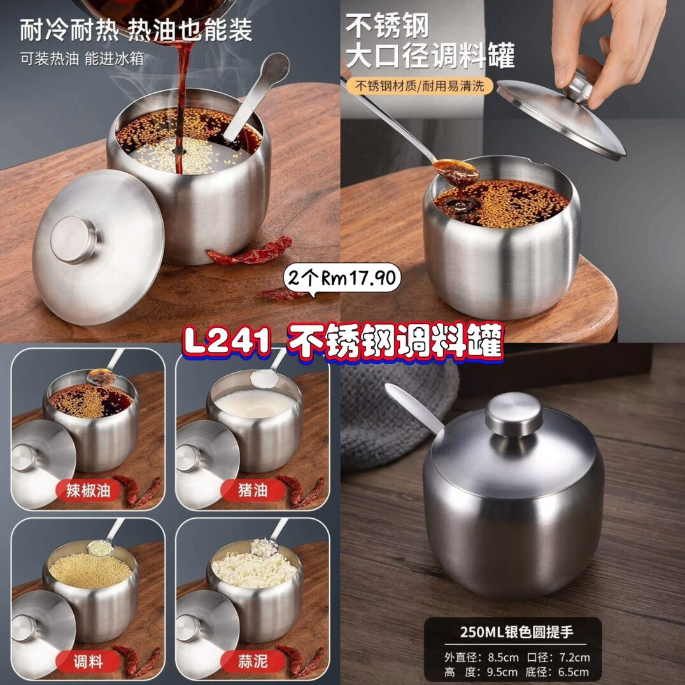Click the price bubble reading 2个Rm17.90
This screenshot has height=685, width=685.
pyautogui.click(x=342, y=278)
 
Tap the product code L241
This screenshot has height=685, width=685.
pyautogui.click(x=227, y=342)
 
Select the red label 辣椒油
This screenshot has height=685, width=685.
pyautogui.click(x=88, y=490)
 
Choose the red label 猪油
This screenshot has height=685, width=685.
pyautogui.click(x=253, y=490)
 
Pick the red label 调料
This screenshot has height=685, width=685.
pyautogui.click(x=88, y=661)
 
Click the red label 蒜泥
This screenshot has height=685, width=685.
pyautogui.click(x=253, y=661)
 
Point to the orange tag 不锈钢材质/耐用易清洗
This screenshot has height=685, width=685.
pyautogui.click(x=420, y=86)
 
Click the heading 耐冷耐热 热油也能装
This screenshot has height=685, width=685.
pyautogui.click(x=136, y=30)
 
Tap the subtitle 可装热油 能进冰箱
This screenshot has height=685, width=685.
pyautogui.click(x=81, y=59)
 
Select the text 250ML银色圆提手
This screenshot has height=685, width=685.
pyautogui.click(x=516, y=632)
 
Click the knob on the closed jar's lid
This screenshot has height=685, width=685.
pyautogui.click(x=514, y=414)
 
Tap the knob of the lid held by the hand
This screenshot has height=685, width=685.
pyautogui.click(x=579, y=87)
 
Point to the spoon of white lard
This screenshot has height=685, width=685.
pyautogui.click(x=264, y=378)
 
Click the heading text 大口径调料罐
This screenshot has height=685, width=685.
pyautogui.click(x=430, y=55)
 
